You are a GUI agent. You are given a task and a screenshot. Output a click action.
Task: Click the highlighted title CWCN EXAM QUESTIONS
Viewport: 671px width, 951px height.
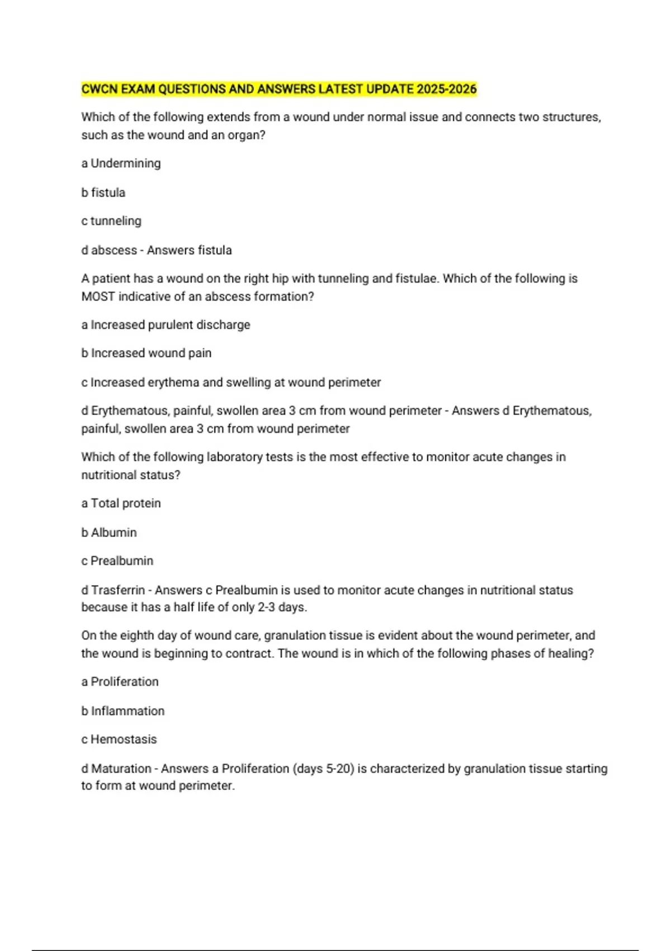[278, 89]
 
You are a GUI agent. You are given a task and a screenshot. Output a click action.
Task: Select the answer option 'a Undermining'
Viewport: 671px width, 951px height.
[121, 163]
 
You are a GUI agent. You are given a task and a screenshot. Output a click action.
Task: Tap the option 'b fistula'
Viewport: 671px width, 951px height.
[103, 192]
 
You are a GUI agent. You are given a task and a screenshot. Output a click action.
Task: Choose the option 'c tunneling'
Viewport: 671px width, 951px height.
[111, 221]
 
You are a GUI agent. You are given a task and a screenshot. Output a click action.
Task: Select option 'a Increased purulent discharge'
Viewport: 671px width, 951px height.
[166, 325]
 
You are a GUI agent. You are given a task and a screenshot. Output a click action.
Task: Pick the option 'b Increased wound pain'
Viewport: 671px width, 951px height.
[146, 354]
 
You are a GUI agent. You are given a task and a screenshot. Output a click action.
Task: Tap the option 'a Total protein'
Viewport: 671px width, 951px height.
[121, 503]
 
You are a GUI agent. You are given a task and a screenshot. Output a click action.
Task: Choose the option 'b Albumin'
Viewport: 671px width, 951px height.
[109, 533]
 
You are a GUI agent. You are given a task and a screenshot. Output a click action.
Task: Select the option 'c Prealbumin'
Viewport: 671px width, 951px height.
[117, 561]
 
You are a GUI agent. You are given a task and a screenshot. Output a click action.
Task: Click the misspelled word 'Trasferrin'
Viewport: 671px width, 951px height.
[117, 590]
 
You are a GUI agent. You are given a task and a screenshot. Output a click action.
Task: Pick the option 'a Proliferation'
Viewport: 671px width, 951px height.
[120, 682]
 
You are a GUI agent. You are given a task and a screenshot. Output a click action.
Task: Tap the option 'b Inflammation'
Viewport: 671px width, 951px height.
[123, 711]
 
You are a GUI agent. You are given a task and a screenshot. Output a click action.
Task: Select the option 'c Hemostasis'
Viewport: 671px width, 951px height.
[119, 740]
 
